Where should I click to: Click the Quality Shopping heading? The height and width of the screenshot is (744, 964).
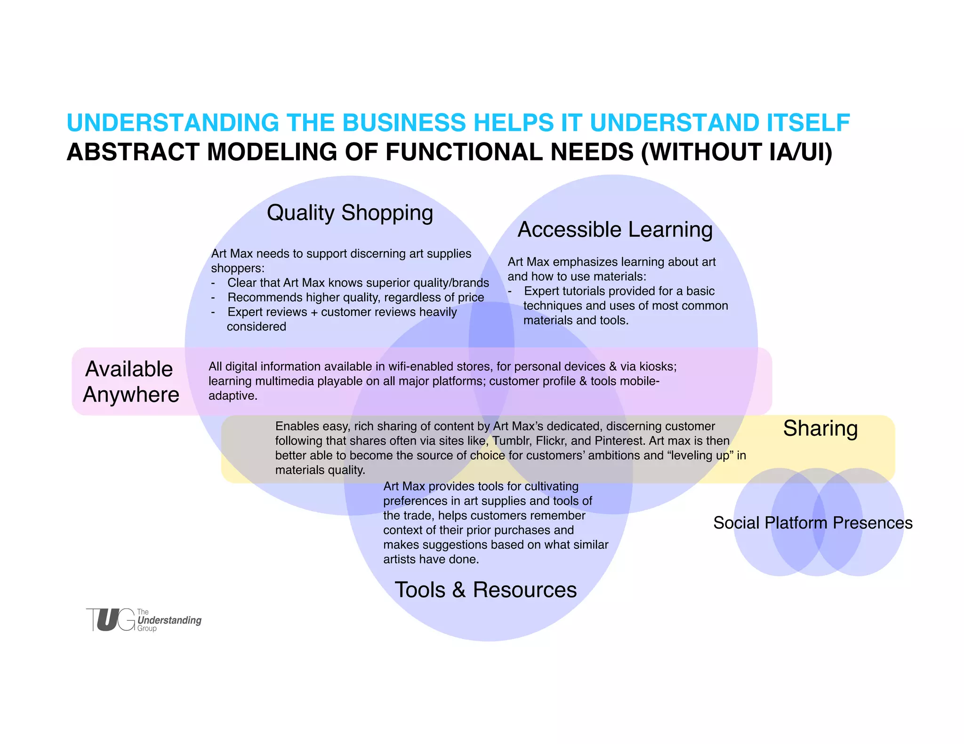coord(350,213)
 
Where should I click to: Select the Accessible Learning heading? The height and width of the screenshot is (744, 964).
coord(615,230)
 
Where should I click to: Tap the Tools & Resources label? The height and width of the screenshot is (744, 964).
coord(485,590)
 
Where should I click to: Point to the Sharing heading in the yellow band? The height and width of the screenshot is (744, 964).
coord(820,428)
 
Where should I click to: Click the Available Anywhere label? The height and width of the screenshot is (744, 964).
coord(130,381)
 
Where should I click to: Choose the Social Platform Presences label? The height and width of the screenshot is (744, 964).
coord(812,522)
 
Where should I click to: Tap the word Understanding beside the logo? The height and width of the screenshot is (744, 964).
coord(169,620)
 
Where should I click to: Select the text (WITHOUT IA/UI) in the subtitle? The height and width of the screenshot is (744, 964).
coord(737,152)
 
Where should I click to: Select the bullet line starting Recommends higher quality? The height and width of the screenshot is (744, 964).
coord(355,297)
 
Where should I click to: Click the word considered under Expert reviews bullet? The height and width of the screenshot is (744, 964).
coord(256,326)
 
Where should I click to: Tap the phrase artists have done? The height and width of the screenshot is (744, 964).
coord(431,559)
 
